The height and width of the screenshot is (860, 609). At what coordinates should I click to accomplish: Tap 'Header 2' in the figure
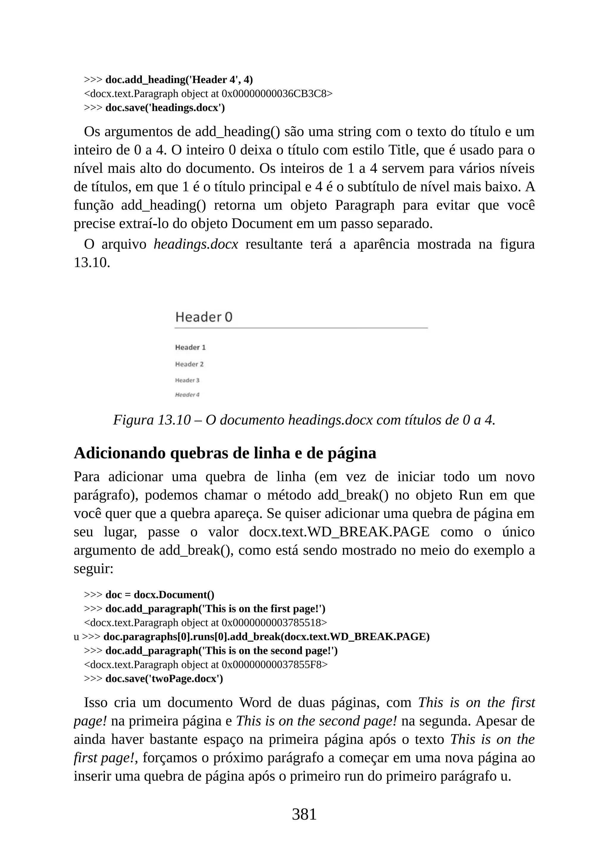tap(189, 364)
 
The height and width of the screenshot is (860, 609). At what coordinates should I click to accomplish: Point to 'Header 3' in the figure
tap(187, 380)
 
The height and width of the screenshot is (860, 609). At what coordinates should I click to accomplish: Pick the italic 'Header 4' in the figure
tap(187, 395)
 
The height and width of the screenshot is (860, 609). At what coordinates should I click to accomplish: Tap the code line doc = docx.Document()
tap(160, 595)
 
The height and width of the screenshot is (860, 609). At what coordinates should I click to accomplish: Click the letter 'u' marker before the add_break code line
tap(76, 637)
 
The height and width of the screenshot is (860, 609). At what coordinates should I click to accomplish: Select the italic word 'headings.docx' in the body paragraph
tap(196, 244)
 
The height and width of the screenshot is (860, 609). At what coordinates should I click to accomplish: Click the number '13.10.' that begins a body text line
tap(92, 263)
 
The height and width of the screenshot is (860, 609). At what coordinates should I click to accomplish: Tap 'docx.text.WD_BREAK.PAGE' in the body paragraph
tap(339, 532)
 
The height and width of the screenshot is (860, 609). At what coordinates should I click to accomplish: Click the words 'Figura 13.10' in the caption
tap(152, 420)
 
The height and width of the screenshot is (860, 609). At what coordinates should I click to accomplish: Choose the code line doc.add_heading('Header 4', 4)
tap(179, 80)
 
